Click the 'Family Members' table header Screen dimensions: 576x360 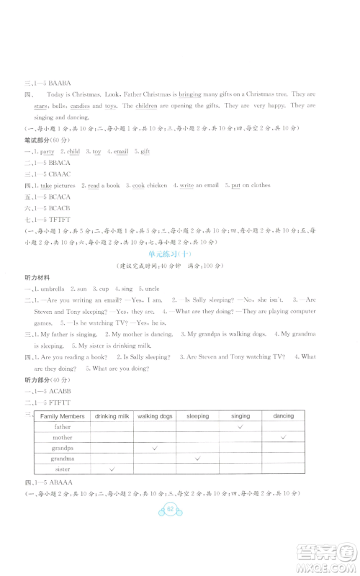pos(63,416)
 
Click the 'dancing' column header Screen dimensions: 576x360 pos(284,416)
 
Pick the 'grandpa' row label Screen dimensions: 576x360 pos(63,447)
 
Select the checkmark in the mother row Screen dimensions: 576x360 pos(284,437)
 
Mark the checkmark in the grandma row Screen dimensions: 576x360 pos(197,458)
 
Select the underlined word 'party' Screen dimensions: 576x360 pos(48,152)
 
